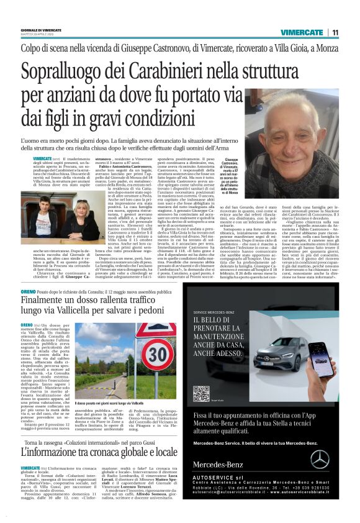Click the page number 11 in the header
coord(335,32)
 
